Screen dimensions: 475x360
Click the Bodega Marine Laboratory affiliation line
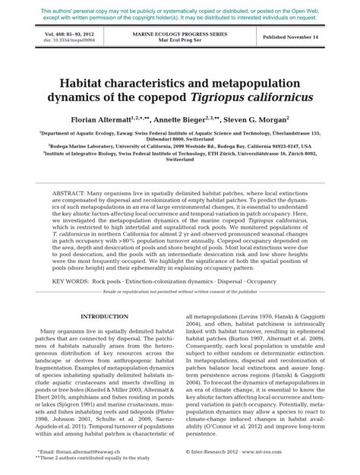coord(179,145)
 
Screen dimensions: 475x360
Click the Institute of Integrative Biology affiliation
coord(179,154)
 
